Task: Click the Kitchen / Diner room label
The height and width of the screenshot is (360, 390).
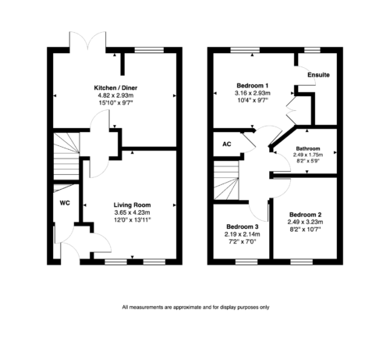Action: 115,87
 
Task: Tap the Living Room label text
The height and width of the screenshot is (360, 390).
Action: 132,205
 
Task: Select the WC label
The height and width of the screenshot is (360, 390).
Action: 65,203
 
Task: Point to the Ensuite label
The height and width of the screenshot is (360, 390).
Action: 318,75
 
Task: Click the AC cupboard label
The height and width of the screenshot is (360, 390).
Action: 227,144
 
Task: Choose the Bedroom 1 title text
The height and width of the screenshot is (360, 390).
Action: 253,85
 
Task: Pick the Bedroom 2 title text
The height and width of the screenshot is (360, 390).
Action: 305,215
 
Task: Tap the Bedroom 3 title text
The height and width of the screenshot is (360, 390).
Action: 243,226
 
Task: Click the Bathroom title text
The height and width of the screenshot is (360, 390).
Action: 308,148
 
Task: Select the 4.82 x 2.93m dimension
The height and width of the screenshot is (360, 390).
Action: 115,95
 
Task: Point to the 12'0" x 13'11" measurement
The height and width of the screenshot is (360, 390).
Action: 133,220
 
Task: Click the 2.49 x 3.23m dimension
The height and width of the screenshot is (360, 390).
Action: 305,222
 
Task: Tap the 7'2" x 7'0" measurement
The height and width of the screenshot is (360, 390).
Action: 243,241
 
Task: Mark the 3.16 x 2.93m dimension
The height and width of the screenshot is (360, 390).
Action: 253,93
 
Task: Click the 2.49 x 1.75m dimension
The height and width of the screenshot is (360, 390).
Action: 308,155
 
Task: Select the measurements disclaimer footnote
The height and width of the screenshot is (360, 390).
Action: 196,308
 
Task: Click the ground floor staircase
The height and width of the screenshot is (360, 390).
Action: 66,156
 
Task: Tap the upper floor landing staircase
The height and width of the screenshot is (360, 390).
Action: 226,180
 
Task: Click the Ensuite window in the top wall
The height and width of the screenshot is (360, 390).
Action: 312,50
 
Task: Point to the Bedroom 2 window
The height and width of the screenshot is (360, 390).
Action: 302,262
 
